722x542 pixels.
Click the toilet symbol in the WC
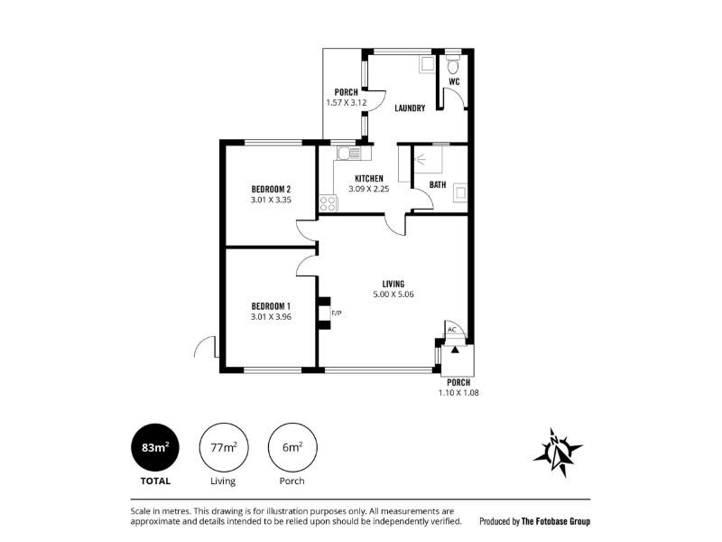[x=454, y=65]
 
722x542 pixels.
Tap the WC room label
[x=454, y=81]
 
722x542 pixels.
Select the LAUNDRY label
[x=410, y=108]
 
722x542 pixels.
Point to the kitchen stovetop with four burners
[x=329, y=204]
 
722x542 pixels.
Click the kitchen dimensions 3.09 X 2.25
[x=369, y=189]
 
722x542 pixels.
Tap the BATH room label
[x=438, y=185]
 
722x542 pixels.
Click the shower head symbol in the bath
[x=420, y=160]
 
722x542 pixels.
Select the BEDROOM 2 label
[x=271, y=189]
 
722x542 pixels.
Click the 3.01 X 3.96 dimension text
[x=271, y=317]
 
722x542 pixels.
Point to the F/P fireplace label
[x=337, y=313]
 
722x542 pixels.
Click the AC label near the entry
[x=452, y=330]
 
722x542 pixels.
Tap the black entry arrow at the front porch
[x=455, y=350]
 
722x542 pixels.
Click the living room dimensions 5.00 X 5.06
[x=393, y=294]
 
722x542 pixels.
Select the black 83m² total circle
[x=155, y=447]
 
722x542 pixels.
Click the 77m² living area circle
[x=224, y=447]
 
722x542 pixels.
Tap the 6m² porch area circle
[x=292, y=447]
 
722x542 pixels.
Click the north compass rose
[x=558, y=453]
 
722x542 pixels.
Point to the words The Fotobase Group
[x=555, y=521]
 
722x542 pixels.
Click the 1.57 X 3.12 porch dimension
[x=347, y=102]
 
